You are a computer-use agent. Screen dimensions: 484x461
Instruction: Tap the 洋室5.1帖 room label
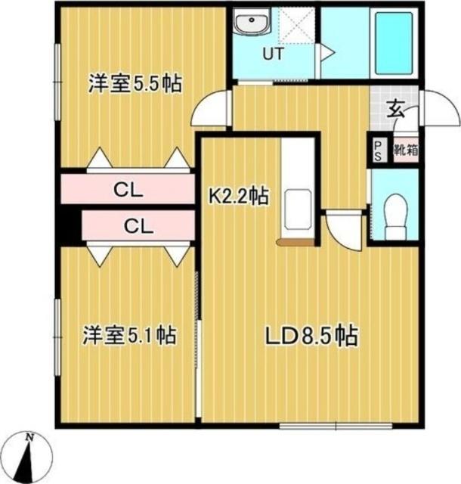(x=129, y=335)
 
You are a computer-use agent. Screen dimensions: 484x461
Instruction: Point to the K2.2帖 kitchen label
(x=239, y=197)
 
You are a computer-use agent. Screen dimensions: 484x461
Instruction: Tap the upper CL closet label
(x=129, y=189)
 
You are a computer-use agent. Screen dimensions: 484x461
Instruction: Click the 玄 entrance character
(x=395, y=109)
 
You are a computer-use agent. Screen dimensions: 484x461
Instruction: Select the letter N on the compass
(x=29, y=437)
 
